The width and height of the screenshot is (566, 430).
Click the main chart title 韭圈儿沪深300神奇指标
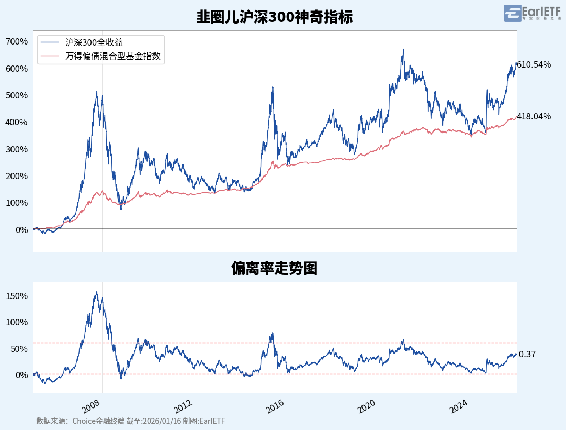274,17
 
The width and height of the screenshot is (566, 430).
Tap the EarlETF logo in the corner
533,13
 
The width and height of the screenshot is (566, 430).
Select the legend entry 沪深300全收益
98,43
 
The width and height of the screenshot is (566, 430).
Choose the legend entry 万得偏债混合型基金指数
113,56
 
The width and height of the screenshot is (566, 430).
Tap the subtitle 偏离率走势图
274,269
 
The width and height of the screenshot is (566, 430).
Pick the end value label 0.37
527,355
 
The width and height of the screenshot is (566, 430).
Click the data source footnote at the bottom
131,421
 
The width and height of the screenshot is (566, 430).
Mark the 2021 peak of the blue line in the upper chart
403,50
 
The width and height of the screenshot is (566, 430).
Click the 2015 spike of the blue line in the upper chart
273,87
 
